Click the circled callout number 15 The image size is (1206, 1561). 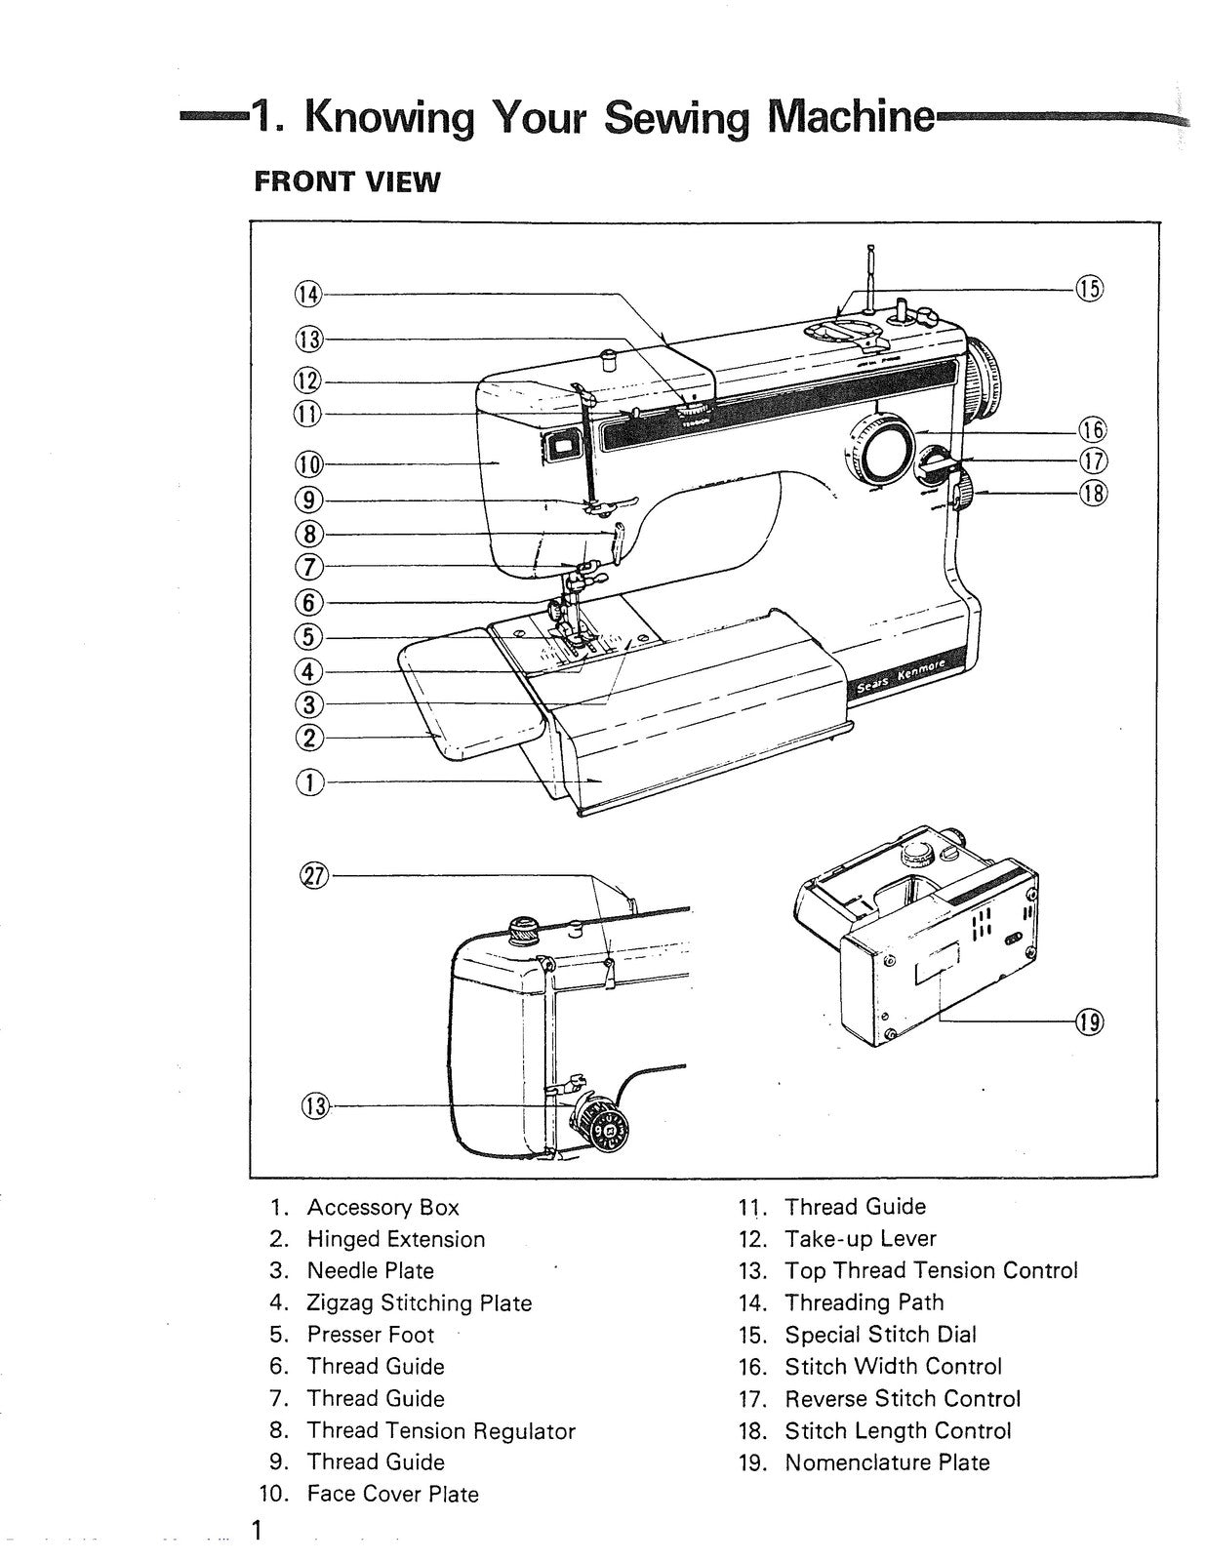[1089, 288]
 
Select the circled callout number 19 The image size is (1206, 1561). [1089, 1021]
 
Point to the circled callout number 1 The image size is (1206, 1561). [308, 781]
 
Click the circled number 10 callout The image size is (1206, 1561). [308, 463]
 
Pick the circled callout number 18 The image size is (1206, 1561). [1093, 493]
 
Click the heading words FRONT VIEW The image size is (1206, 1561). [346, 181]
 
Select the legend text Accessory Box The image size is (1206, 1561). [382, 1207]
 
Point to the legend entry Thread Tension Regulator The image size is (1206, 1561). [441, 1430]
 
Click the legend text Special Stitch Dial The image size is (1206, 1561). [880, 1335]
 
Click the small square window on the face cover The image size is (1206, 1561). [561, 447]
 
